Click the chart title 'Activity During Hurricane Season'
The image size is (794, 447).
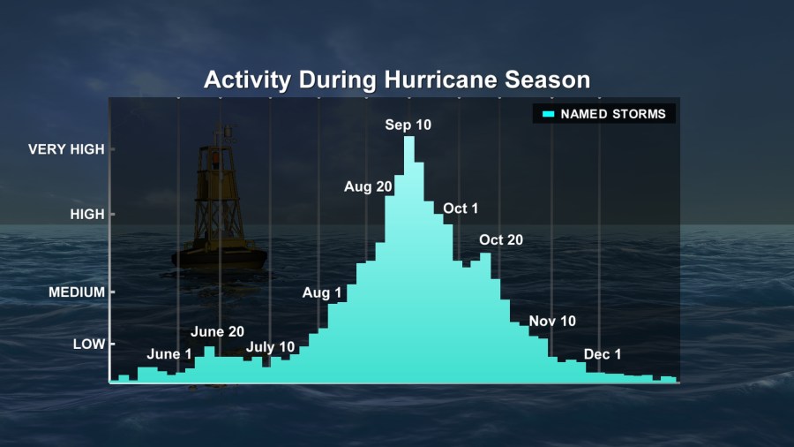(397, 80)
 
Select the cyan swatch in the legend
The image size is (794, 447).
(549, 114)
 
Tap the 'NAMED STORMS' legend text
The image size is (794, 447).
(613, 114)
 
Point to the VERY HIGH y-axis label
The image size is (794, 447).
(66, 149)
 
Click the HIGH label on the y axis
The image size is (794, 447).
(87, 215)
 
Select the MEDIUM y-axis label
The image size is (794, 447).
(77, 292)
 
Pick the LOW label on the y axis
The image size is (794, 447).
(89, 345)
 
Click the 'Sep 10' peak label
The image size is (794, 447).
(408, 125)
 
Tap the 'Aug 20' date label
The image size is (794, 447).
(368, 187)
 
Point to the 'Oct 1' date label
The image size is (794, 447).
(461, 208)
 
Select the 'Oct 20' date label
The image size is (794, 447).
(501, 239)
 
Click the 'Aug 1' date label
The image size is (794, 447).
(322, 293)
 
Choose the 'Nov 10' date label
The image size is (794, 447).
(552, 321)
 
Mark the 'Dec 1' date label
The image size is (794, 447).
(603, 354)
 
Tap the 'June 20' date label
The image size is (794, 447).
(217, 331)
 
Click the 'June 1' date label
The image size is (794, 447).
(169, 353)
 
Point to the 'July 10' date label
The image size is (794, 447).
(271, 347)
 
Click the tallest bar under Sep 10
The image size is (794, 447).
(409, 259)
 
